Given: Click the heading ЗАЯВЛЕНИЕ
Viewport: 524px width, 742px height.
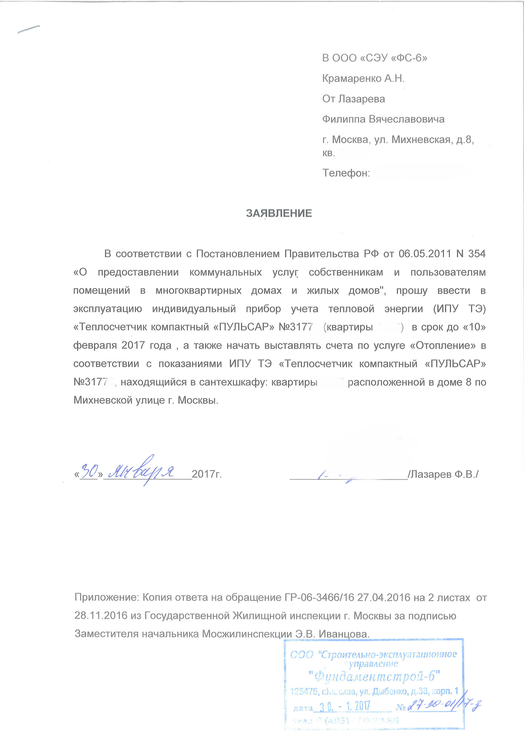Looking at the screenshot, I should tap(279, 213).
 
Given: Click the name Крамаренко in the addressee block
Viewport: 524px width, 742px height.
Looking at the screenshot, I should tap(352, 78).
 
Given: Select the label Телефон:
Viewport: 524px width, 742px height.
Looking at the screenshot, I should tap(346, 173).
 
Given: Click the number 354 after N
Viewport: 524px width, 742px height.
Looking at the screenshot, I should tap(477, 254).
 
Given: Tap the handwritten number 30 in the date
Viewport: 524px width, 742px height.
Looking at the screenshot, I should tap(89, 471).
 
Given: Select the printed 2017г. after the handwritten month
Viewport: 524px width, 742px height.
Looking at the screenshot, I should tap(207, 474).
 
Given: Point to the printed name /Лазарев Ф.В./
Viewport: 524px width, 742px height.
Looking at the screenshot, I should tap(443, 474).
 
